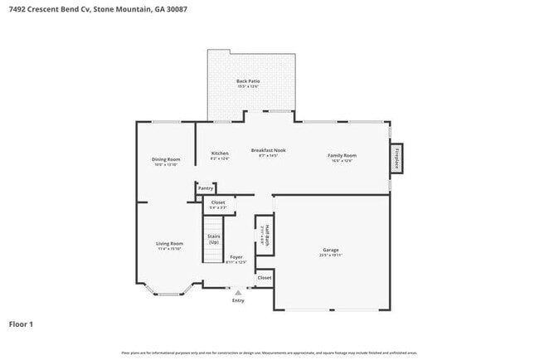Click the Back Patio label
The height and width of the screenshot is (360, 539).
click(247, 80)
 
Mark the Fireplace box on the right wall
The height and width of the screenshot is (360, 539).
click(396, 158)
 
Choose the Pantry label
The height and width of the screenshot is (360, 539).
click(206, 188)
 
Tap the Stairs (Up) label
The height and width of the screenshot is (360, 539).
click(214, 239)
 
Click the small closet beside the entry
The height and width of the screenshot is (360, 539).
click(264, 278)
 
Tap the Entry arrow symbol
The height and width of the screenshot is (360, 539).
click(238, 292)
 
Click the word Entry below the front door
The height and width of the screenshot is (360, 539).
click(238, 300)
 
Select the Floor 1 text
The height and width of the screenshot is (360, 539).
click(21, 324)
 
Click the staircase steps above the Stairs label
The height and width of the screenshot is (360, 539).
click(215, 223)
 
